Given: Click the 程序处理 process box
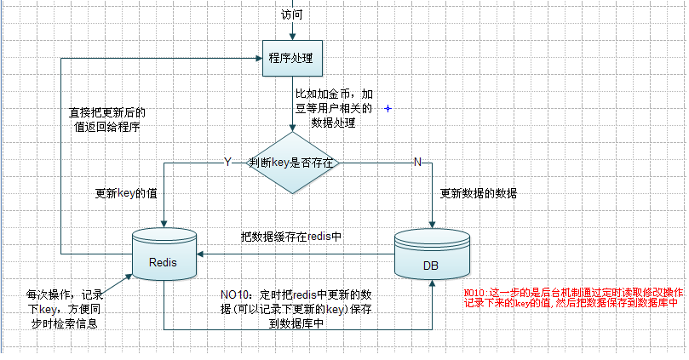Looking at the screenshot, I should (291, 59).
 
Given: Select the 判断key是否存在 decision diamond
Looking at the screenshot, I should (293, 162).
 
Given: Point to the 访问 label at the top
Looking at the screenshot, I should (291, 14).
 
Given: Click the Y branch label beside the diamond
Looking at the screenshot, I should (227, 161).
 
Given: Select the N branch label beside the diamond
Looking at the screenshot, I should (417, 161).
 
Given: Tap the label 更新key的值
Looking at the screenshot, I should (126, 193).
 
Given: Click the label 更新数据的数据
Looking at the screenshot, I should (479, 193).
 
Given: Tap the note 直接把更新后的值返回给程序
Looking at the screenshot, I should (106, 119).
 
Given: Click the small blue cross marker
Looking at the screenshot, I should (388, 109).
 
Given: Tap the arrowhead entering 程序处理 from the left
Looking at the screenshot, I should (259, 59).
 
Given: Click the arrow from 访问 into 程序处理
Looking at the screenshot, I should (291, 31).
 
